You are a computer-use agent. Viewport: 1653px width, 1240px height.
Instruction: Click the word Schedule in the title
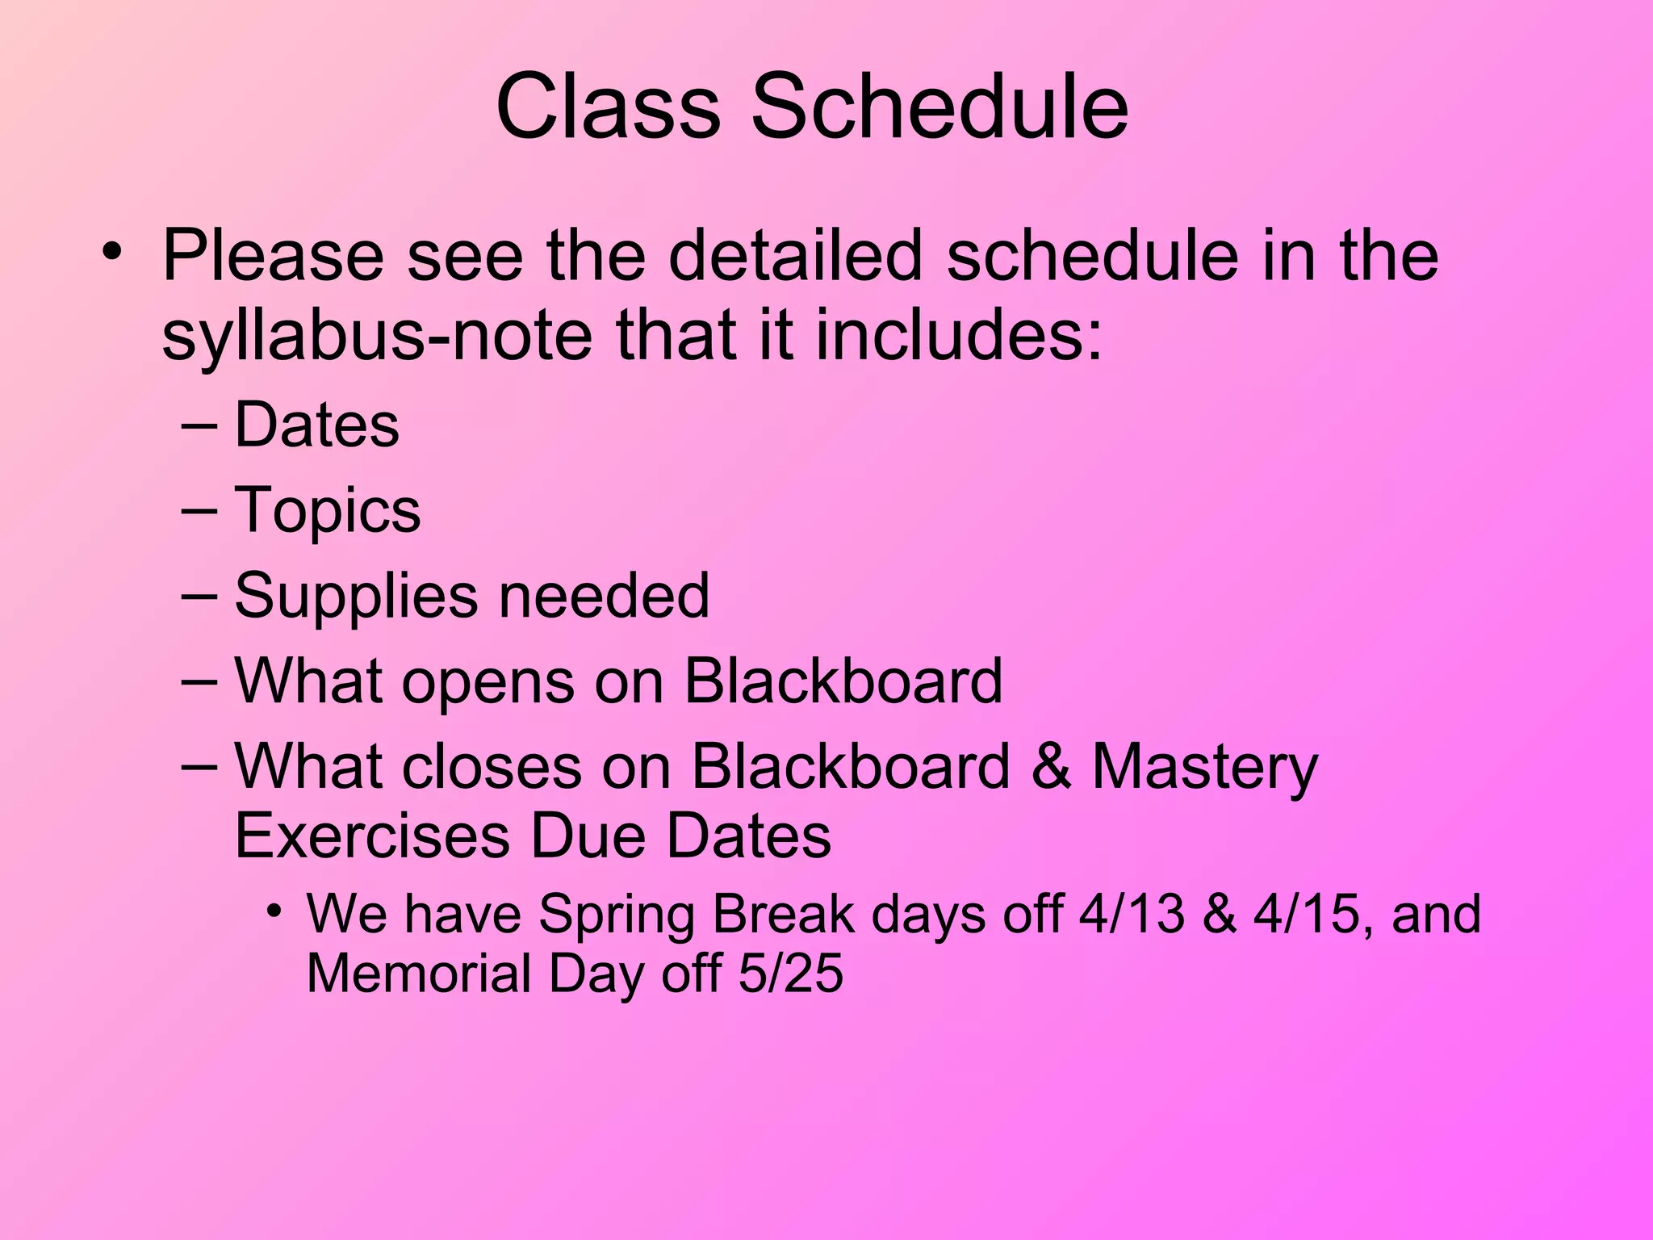coord(939,107)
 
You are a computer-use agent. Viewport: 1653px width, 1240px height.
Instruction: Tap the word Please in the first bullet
coord(273,256)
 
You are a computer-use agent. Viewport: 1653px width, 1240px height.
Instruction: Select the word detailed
coord(794,256)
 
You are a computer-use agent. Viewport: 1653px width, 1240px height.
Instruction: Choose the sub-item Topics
coord(327,510)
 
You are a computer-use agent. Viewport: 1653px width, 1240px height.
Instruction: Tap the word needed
coord(604,597)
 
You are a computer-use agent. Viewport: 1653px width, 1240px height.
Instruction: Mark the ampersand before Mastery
coord(1051,766)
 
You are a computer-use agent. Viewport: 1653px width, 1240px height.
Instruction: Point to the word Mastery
coord(1204,766)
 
